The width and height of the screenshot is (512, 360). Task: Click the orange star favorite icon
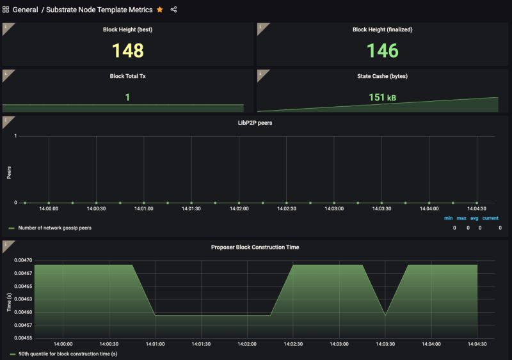(160, 10)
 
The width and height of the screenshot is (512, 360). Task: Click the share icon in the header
(174, 10)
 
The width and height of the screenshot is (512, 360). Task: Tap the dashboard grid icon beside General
(6, 10)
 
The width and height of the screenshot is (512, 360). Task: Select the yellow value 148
(128, 51)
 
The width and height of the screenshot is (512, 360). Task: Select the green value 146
(383, 51)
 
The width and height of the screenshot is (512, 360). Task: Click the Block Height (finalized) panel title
(382, 29)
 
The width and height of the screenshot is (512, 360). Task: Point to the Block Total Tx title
(128, 76)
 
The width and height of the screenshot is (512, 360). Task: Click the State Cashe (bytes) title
(382, 76)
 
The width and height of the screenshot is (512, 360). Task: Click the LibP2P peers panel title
(255, 123)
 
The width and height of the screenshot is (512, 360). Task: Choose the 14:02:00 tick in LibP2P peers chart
(239, 208)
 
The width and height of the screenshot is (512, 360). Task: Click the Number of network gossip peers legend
(54, 228)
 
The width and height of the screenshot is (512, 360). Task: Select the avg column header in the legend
(474, 218)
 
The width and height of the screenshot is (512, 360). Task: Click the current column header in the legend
(490, 218)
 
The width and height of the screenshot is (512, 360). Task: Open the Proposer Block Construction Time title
(255, 247)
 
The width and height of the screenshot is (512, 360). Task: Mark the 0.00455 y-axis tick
(23, 337)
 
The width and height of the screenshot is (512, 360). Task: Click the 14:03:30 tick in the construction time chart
(385, 344)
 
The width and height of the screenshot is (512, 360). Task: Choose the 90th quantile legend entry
(67, 354)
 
